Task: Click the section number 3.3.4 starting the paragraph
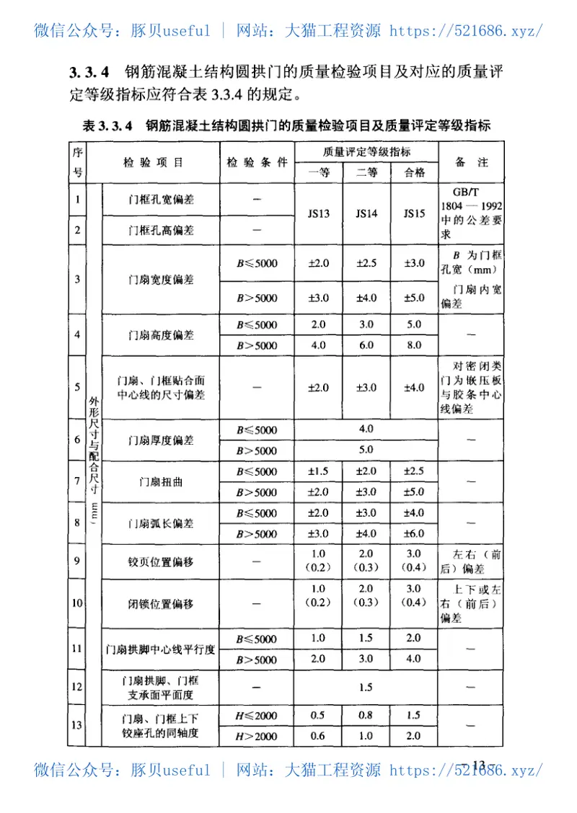[89, 72]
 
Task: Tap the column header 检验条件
[257, 162]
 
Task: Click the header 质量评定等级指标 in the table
[366, 151]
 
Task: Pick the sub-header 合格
[414, 173]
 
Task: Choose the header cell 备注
[471, 162]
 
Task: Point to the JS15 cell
[414, 214]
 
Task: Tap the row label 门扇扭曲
[161, 482]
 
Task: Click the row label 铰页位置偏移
[161, 560]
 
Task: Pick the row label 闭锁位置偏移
[161, 603]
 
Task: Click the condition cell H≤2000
[257, 716]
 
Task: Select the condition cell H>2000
[257, 736]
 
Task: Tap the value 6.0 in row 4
[366, 345]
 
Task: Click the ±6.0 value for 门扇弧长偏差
[414, 534]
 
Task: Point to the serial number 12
[77, 686]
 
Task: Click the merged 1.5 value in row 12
[366, 687]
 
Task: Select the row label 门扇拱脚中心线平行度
[161, 649]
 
